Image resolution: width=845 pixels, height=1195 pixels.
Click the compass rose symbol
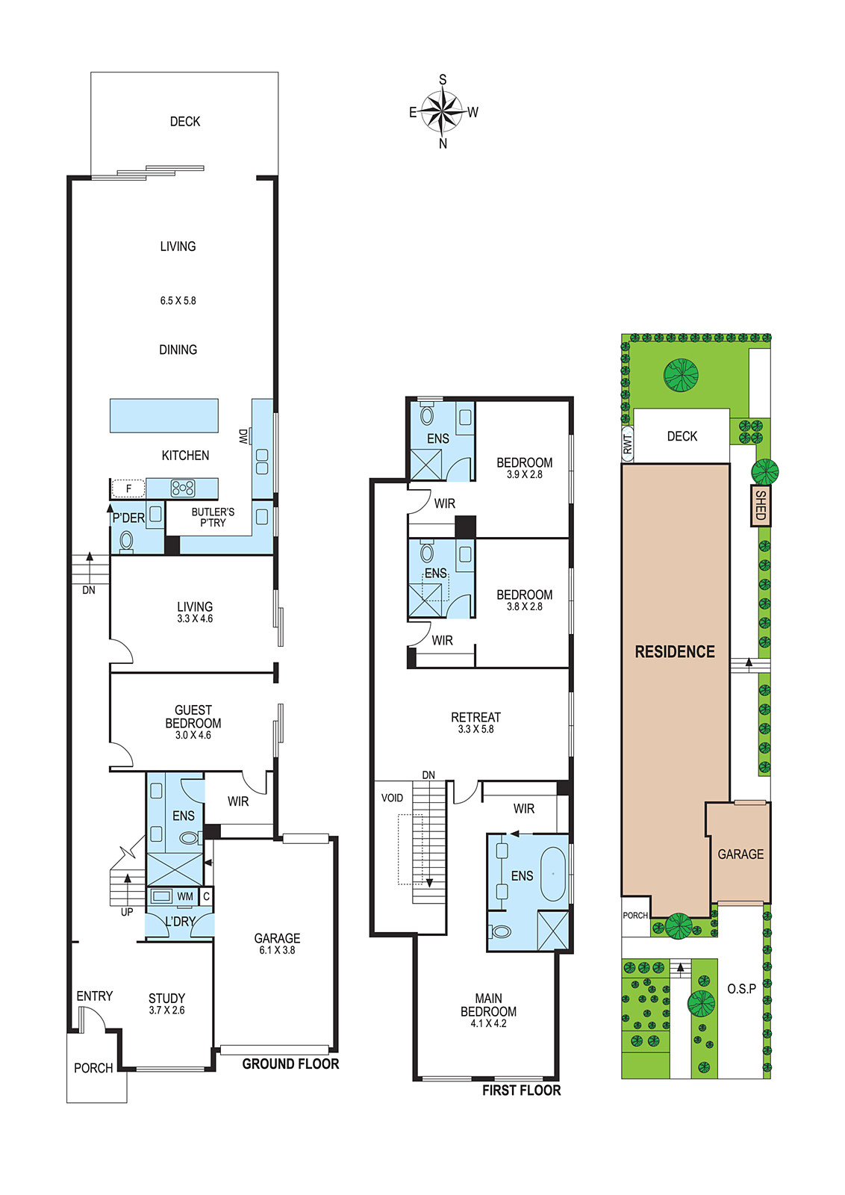point(442,111)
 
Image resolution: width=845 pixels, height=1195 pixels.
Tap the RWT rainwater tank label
point(628,444)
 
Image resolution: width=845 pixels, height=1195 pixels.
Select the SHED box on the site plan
point(761,505)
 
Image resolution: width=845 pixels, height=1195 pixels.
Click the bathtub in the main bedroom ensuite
point(553,874)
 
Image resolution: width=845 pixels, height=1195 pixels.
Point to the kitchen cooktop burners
point(182,488)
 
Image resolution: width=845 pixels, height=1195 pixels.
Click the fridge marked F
point(128,488)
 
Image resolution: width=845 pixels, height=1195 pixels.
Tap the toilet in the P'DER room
point(126,541)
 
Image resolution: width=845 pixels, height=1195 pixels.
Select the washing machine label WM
point(185,896)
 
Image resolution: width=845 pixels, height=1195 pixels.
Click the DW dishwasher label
point(243,436)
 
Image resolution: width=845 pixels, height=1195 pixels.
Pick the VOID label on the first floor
point(392,798)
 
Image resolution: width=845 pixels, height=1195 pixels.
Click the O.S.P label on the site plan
point(741,989)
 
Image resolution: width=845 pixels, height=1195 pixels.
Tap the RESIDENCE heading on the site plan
point(675,651)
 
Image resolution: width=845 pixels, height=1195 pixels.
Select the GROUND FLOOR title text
point(290,1064)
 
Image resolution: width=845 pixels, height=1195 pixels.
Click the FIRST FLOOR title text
point(521,1090)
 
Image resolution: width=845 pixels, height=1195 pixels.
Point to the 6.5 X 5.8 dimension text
point(178,301)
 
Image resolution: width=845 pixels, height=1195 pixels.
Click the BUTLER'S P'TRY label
point(213,517)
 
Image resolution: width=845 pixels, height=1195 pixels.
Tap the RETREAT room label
point(475,717)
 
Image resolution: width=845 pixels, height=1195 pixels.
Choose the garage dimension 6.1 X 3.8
point(277,950)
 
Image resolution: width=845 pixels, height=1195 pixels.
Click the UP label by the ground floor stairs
point(127,912)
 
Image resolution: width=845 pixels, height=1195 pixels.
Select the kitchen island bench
point(164,415)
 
